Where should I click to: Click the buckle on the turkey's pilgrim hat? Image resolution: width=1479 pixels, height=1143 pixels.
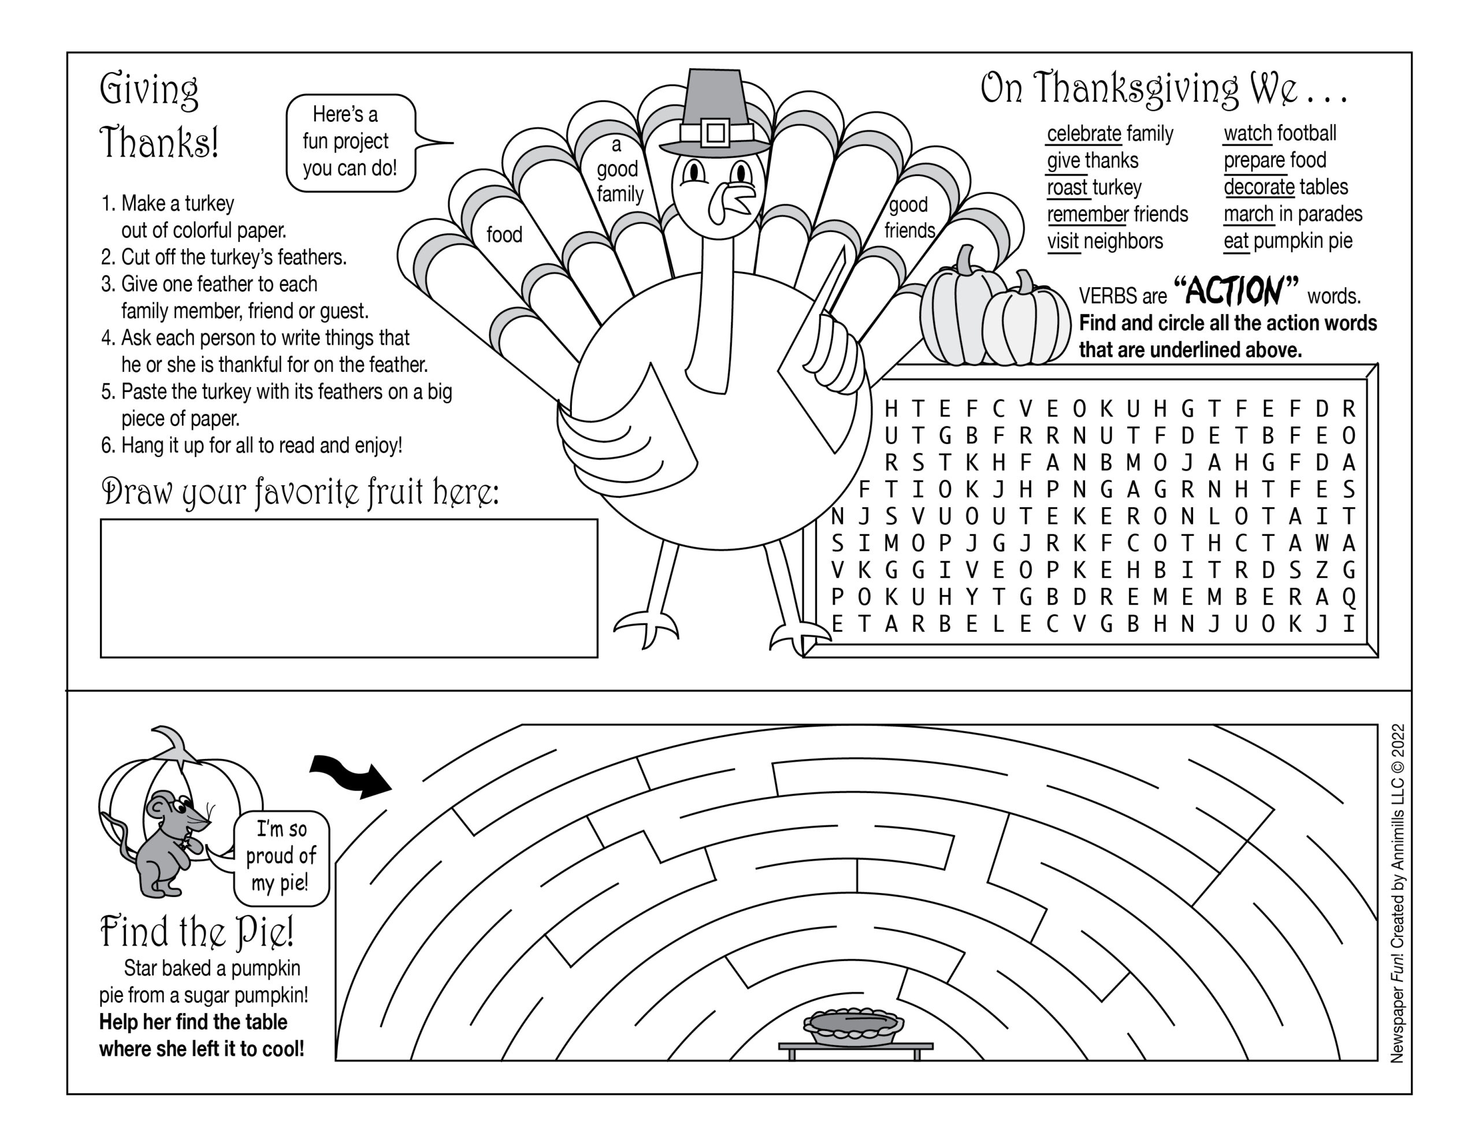(715, 132)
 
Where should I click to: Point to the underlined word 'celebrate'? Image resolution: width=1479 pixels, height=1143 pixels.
(1083, 134)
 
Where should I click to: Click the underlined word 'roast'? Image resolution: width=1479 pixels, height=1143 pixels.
(1068, 188)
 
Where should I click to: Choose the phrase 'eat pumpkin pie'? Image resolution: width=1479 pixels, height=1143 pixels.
(1287, 241)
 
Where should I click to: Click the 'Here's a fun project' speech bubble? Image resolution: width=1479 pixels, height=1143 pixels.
(350, 142)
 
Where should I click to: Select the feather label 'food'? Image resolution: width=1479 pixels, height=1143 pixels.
(504, 235)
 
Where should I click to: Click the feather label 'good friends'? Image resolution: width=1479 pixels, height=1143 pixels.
(909, 217)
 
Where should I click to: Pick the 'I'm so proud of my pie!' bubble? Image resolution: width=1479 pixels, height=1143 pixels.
(281, 857)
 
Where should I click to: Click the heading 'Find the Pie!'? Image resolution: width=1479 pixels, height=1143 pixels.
(196, 932)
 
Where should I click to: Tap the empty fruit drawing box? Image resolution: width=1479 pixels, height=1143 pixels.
(349, 588)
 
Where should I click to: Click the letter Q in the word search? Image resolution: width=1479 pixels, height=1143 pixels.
(1348, 597)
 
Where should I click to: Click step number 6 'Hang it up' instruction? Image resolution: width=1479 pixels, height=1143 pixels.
(252, 445)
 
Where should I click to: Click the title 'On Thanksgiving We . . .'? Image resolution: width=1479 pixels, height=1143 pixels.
(1164, 90)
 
